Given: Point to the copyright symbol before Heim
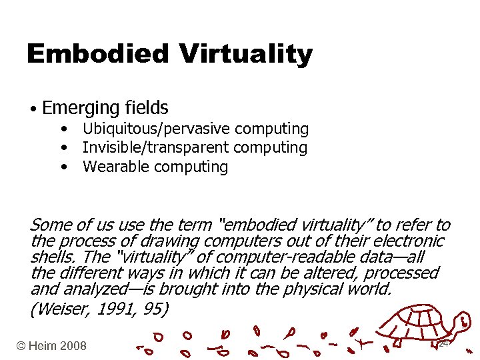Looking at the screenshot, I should (x=22, y=345).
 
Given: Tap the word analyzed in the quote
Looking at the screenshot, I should (x=100, y=289).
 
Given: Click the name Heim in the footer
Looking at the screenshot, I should (x=43, y=345).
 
